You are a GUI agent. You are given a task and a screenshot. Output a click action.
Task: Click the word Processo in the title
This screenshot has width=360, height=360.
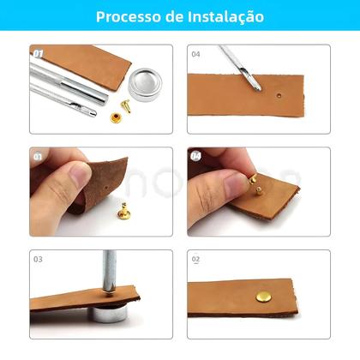tap(127, 17)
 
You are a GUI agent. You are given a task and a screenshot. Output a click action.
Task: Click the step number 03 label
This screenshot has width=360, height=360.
tap(38, 258)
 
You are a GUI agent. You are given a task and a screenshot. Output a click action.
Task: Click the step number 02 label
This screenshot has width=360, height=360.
tap(195, 258)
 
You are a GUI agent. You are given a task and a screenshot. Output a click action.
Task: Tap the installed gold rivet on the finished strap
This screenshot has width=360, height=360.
tap(262, 297)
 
